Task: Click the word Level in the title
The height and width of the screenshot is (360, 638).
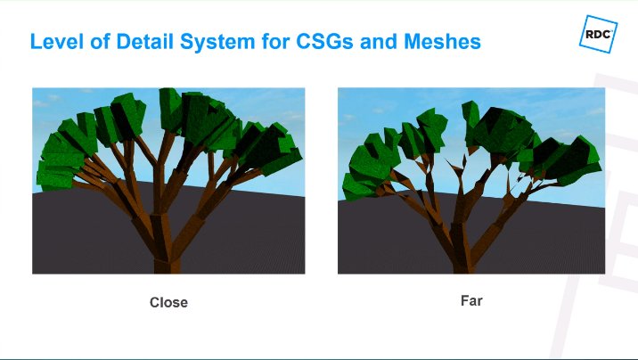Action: click(54, 41)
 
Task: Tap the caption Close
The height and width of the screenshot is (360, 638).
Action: click(168, 302)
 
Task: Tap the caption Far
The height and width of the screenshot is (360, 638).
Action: click(471, 300)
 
